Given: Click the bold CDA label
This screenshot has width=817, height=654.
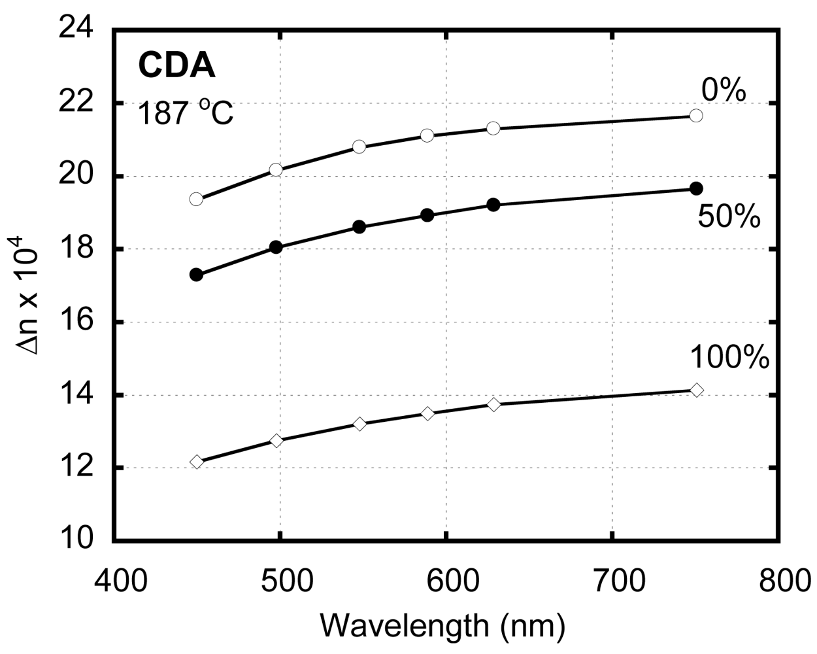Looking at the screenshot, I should click(176, 65).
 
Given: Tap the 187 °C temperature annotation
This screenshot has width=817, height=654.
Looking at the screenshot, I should click(185, 114).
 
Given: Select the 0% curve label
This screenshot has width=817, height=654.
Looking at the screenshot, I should click(724, 91).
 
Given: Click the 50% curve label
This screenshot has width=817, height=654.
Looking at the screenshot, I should click(729, 217).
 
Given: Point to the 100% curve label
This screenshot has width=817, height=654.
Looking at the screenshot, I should click(729, 358).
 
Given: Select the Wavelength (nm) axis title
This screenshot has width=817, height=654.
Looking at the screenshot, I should click(442, 626).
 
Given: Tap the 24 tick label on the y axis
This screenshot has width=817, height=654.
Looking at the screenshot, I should click(77, 30).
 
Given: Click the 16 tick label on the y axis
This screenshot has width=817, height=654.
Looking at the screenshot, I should click(77, 322).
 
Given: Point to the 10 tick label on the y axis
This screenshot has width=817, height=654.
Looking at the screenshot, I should click(77, 540).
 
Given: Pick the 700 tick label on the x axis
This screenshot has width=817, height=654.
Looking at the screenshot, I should click(612, 580).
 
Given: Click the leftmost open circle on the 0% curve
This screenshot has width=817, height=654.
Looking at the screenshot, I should click(196, 199).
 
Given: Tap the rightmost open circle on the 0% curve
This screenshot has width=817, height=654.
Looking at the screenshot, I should click(696, 116).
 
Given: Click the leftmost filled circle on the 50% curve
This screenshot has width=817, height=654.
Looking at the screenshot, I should click(196, 275).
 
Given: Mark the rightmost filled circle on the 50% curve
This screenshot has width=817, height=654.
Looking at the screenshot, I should click(696, 188).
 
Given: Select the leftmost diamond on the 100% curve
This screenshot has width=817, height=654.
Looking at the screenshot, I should click(197, 462).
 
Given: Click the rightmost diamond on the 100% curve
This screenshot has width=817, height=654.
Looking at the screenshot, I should click(697, 390).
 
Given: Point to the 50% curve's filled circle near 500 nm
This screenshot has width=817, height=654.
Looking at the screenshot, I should click(276, 247).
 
